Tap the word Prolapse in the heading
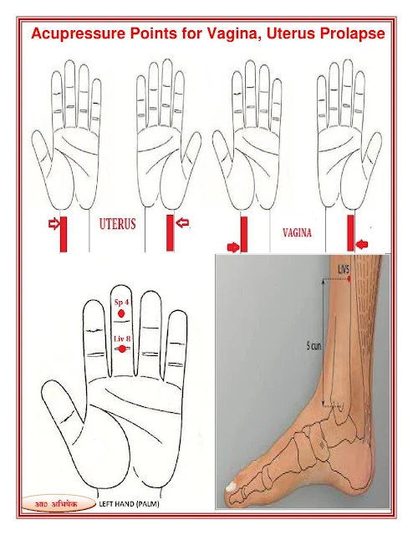pyautogui.click(x=353, y=33)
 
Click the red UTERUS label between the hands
pyautogui.click(x=117, y=224)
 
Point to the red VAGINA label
pyautogui.click(x=297, y=232)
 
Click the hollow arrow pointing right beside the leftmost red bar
pyautogui.click(x=54, y=224)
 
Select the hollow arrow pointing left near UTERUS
pyautogui.click(x=182, y=223)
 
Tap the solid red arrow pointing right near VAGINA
pyautogui.click(x=233, y=247)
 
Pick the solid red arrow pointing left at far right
pyautogui.click(x=362, y=244)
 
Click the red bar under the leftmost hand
pyautogui.click(x=64, y=234)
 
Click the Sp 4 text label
pyautogui.click(x=121, y=302)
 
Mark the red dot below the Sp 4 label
pyautogui.click(x=121, y=313)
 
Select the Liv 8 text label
pyautogui.click(x=122, y=339)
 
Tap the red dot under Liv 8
pyautogui.click(x=122, y=349)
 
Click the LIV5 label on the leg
pyautogui.click(x=344, y=270)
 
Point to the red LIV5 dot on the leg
pyautogui.click(x=349, y=278)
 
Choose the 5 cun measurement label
pyautogui.click(x=314, y=346)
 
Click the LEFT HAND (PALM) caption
pyautogui.click(x=129, y=503)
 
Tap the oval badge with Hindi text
pyautogui.click(x=58, y=504)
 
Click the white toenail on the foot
pyautogui.click(x=232, y=487)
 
